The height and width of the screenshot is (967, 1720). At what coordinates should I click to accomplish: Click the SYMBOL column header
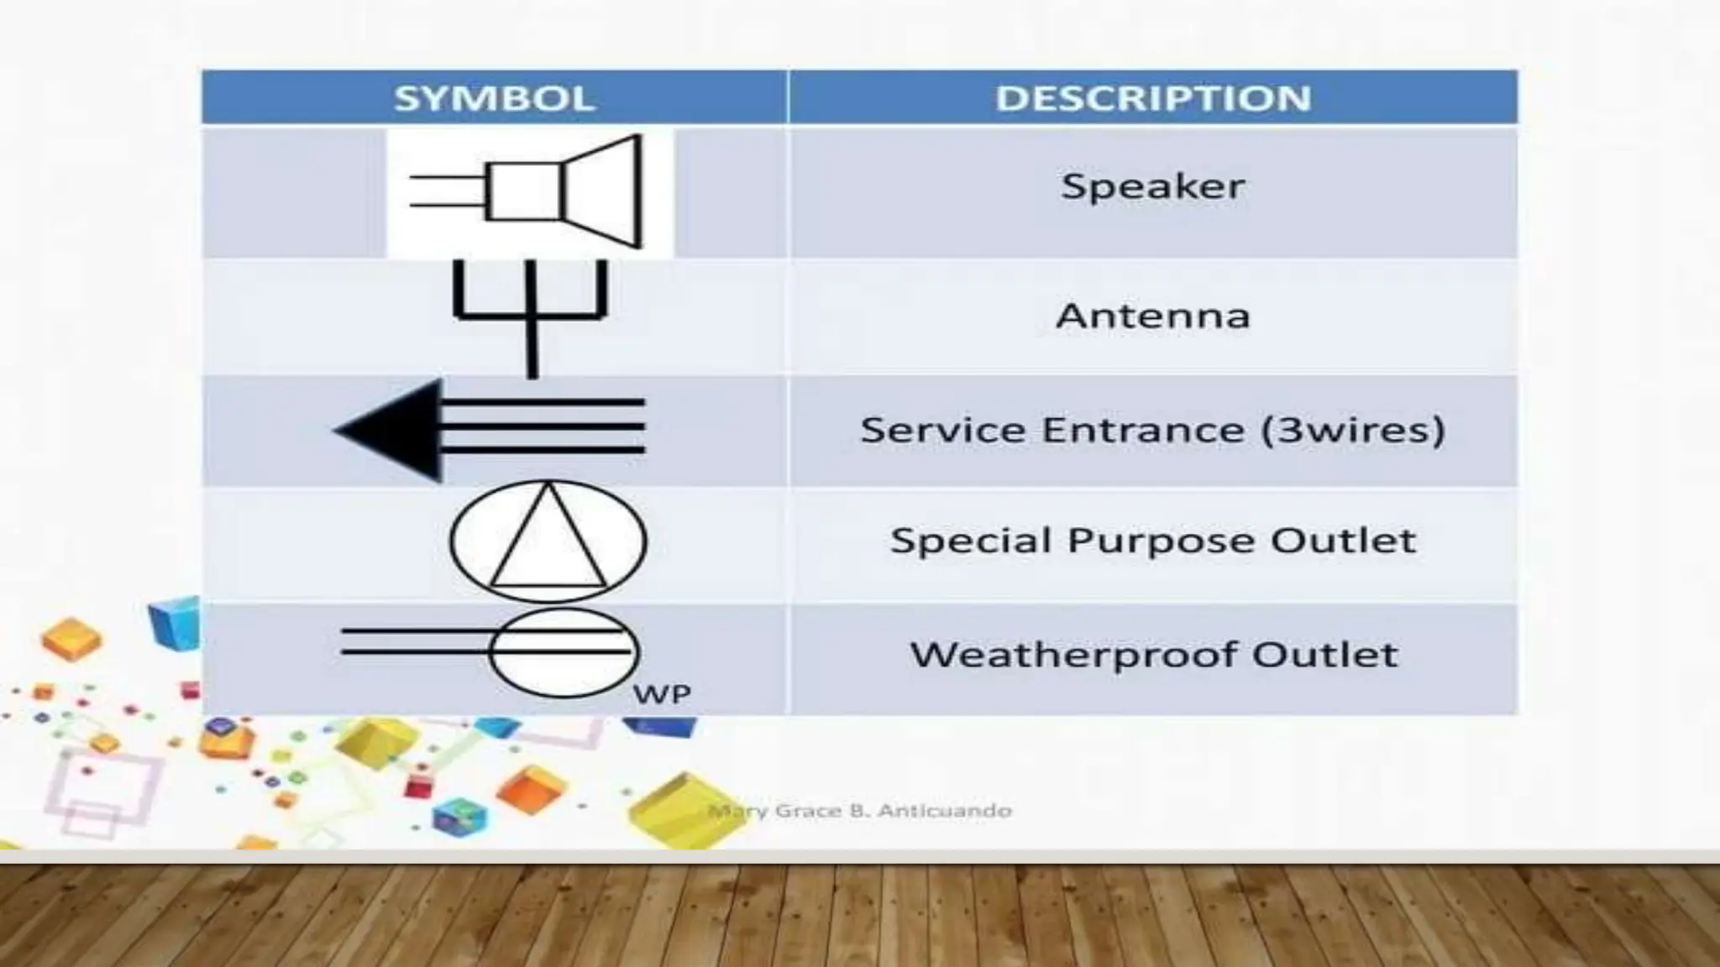pos(494,98)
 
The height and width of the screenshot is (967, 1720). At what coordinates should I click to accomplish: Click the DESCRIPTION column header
pos(1152,98)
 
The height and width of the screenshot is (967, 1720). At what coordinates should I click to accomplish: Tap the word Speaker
pos(1152,186)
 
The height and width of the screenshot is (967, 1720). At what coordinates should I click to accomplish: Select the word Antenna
pos(1152,316)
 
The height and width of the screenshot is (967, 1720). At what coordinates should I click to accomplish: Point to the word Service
pos(944,430)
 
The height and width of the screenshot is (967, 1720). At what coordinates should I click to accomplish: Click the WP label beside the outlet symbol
pos(662,695)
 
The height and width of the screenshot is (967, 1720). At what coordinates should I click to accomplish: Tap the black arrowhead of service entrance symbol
pos(395,431)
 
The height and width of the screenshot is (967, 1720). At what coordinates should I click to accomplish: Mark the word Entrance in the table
pos(1143,430)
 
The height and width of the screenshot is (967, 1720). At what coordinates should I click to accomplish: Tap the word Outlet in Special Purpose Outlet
pos(1343,541)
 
